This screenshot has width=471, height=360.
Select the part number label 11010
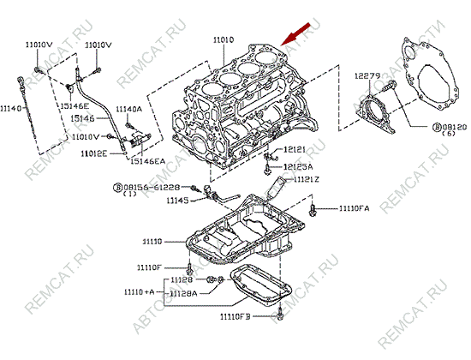224,39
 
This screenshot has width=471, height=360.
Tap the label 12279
367,76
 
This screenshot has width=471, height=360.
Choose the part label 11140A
128,109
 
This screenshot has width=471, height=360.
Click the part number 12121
293,149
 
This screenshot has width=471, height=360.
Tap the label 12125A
299,166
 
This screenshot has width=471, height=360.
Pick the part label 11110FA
354,208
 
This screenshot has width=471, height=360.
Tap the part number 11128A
182,293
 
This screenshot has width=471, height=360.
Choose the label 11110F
151,267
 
